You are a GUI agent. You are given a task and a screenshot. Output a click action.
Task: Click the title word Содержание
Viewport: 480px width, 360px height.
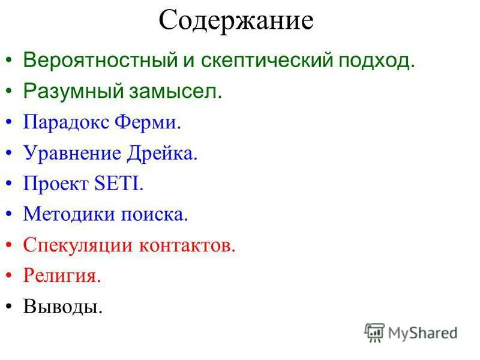(236, 21)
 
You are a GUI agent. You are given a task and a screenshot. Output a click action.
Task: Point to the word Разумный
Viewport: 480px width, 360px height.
(66, 92)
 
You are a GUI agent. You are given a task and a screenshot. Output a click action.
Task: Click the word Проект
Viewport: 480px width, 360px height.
(56, 184)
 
